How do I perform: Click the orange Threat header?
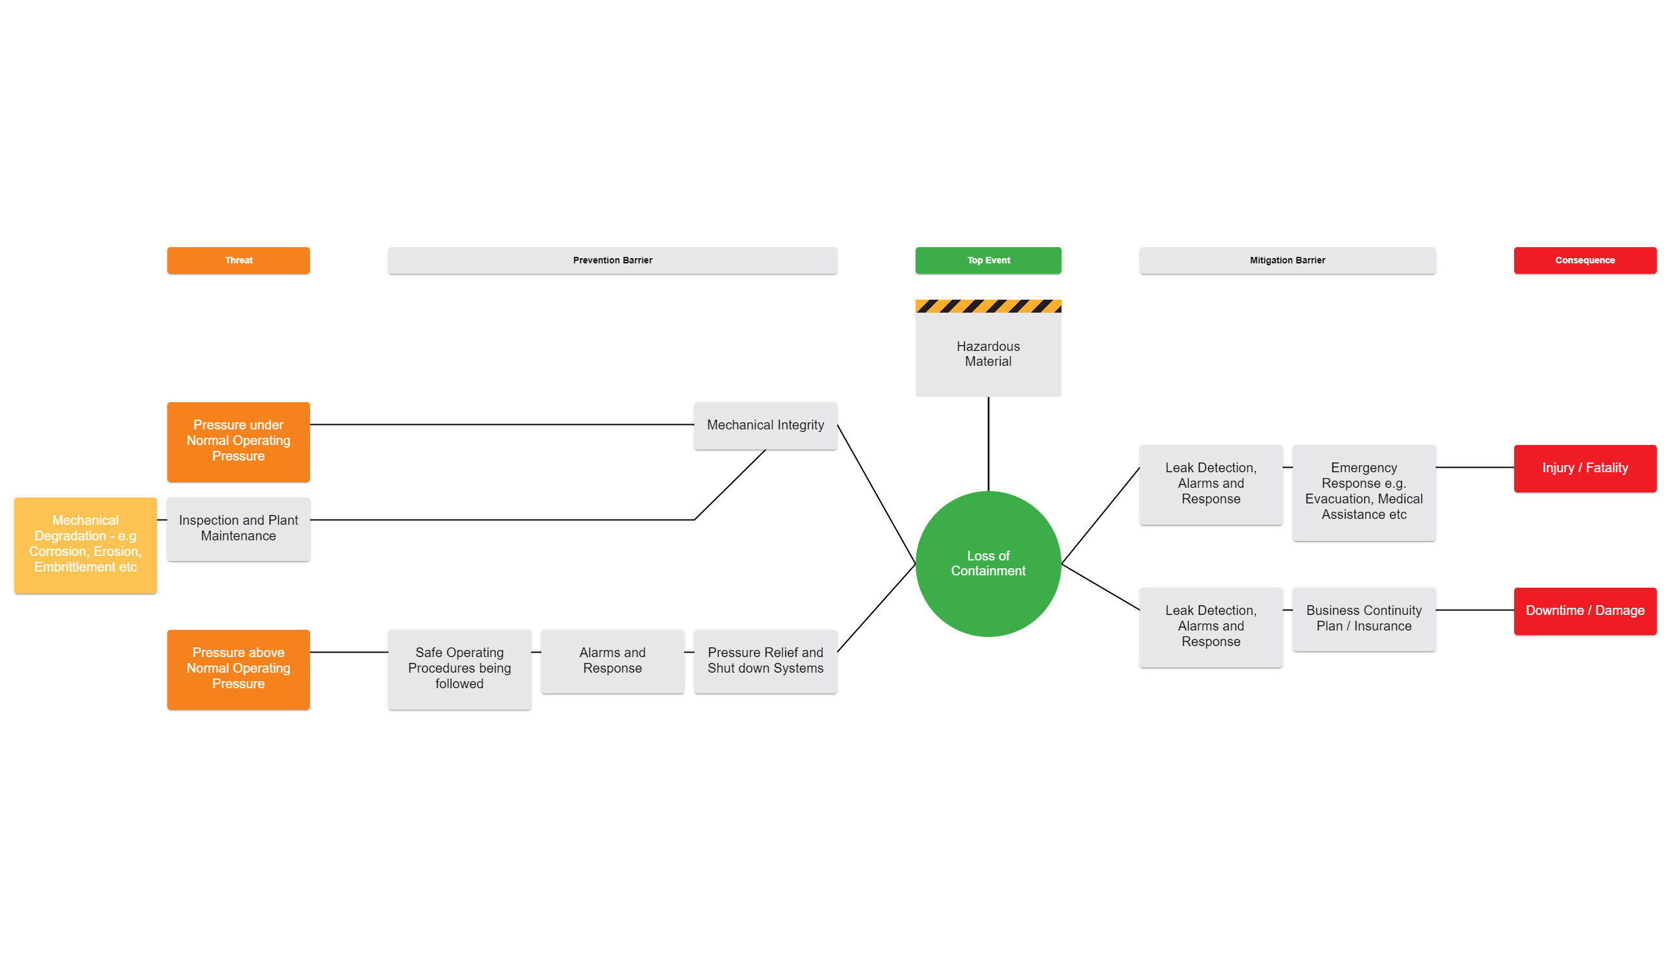click(x=239, y=260)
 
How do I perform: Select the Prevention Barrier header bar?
click(x=612, y=260)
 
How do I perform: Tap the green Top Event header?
click(x=988, y=260)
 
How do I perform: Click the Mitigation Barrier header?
click(x=1287, y=260)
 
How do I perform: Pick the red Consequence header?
click(x=1584, y=260)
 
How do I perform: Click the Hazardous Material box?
click(x=988, y=354)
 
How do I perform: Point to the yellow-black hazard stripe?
click(x=988, y=306)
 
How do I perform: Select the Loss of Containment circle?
click(x=988, y=563)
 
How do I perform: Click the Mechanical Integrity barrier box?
click(x=765, y=425)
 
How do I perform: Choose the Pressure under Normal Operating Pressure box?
click(x=239, y=441)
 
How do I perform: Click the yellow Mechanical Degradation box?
click(x=85, y=545)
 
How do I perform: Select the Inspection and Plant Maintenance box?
click(x=239, y=529)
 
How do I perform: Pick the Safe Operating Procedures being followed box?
click(x=459, y=668)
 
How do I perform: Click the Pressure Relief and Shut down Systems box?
click(x=765, y=661)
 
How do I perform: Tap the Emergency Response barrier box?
click(x=1364, y=492)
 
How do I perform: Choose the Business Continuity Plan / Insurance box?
click(x=1364, y=618)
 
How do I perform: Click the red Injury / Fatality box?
click(x=1584, y=468)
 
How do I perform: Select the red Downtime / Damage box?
click(x=1584, y=610)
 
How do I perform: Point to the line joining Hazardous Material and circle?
click(x=988, y=444)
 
